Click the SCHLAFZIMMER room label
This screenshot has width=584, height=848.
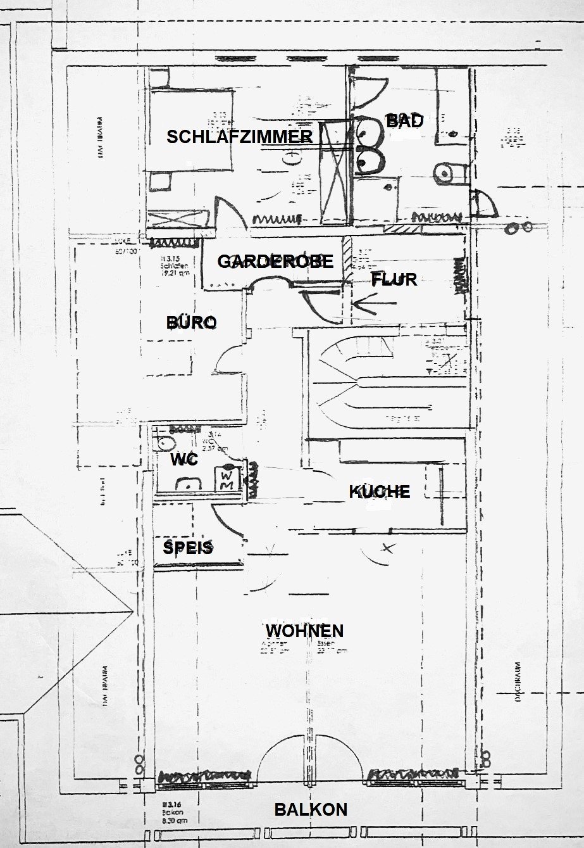click(x=239, y=137)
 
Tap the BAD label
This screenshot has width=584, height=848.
click(x=404, y=121)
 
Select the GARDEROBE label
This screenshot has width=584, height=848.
click(x=275, y=262)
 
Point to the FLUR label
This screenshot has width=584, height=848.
click(x=394, y=279)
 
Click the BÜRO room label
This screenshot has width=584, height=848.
click(x=192, y=322)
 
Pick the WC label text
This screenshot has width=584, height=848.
click(x=184, y=460)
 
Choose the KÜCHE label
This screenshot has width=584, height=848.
click(x=380, y=491)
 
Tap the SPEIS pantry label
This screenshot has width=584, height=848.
click(x=188, y=548)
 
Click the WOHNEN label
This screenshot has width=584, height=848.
click(x=304, y=631)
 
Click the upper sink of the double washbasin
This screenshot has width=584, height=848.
click(x=368, y=131)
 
